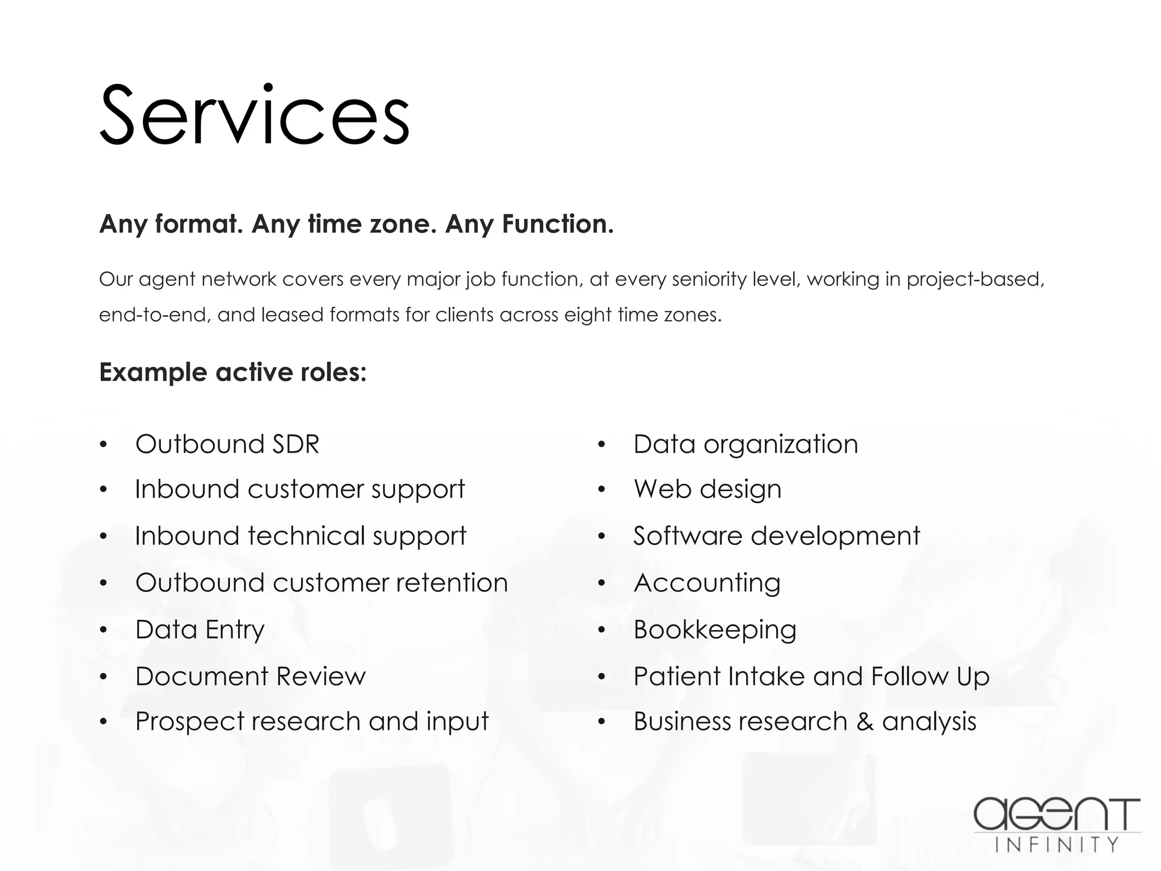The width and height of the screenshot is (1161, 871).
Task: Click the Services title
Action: pos(255,115)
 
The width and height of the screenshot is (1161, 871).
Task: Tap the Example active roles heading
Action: pos(233,373)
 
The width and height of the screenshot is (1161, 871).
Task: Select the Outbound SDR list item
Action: pos(227,444)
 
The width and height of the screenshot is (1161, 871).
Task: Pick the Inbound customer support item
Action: pos(300,489)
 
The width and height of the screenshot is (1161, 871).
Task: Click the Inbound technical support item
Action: pos(300,536)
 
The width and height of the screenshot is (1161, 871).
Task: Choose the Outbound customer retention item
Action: pos(321,583)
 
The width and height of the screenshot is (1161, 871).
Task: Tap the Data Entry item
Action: pos(200,629)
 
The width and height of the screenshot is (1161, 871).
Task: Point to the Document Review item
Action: pos(251,676)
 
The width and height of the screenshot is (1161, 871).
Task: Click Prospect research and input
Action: pos(312,722)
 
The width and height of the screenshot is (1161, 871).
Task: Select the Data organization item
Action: pos(745,444)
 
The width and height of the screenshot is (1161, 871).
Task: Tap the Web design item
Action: pos(707,489)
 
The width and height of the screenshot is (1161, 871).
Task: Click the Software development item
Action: pos(777,536)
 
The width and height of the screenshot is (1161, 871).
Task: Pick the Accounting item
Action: pos(707,583)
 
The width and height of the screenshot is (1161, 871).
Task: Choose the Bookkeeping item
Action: pos(715,629)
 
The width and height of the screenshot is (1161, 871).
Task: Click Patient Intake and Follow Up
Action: pos(811,676)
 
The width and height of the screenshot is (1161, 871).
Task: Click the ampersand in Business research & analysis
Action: pos(865,722)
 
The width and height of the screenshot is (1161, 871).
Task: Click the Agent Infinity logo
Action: pos(1057,824)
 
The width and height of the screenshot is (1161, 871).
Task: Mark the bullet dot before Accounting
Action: pos(602,584)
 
